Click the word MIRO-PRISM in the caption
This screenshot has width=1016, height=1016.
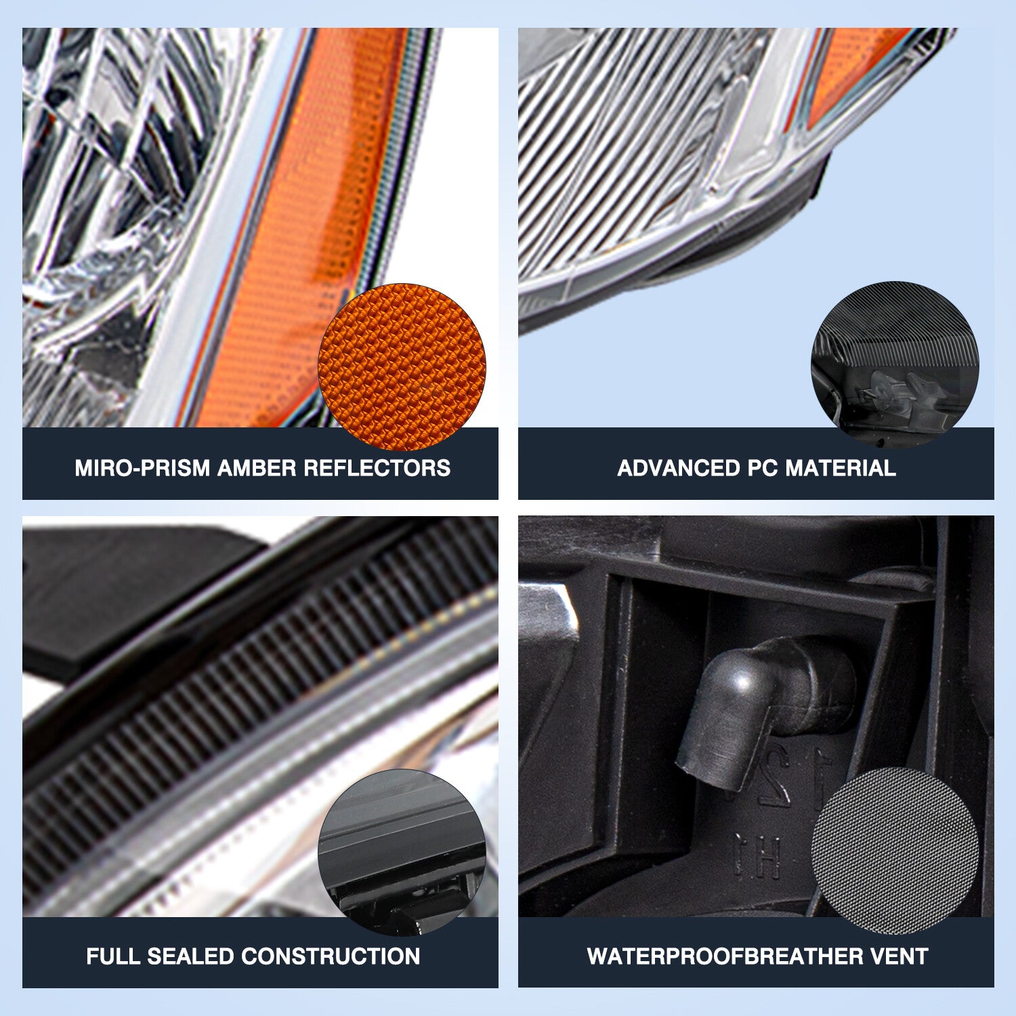click(x=142, y=468)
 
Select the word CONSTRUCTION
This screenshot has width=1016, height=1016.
click(x=331, y=956)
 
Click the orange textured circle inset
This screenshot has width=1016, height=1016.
click(x=402, y=367)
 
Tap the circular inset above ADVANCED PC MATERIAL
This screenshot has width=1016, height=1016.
click(x=895, y=364)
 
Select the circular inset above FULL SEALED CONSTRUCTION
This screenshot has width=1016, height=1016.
click(x=402, y=853)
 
